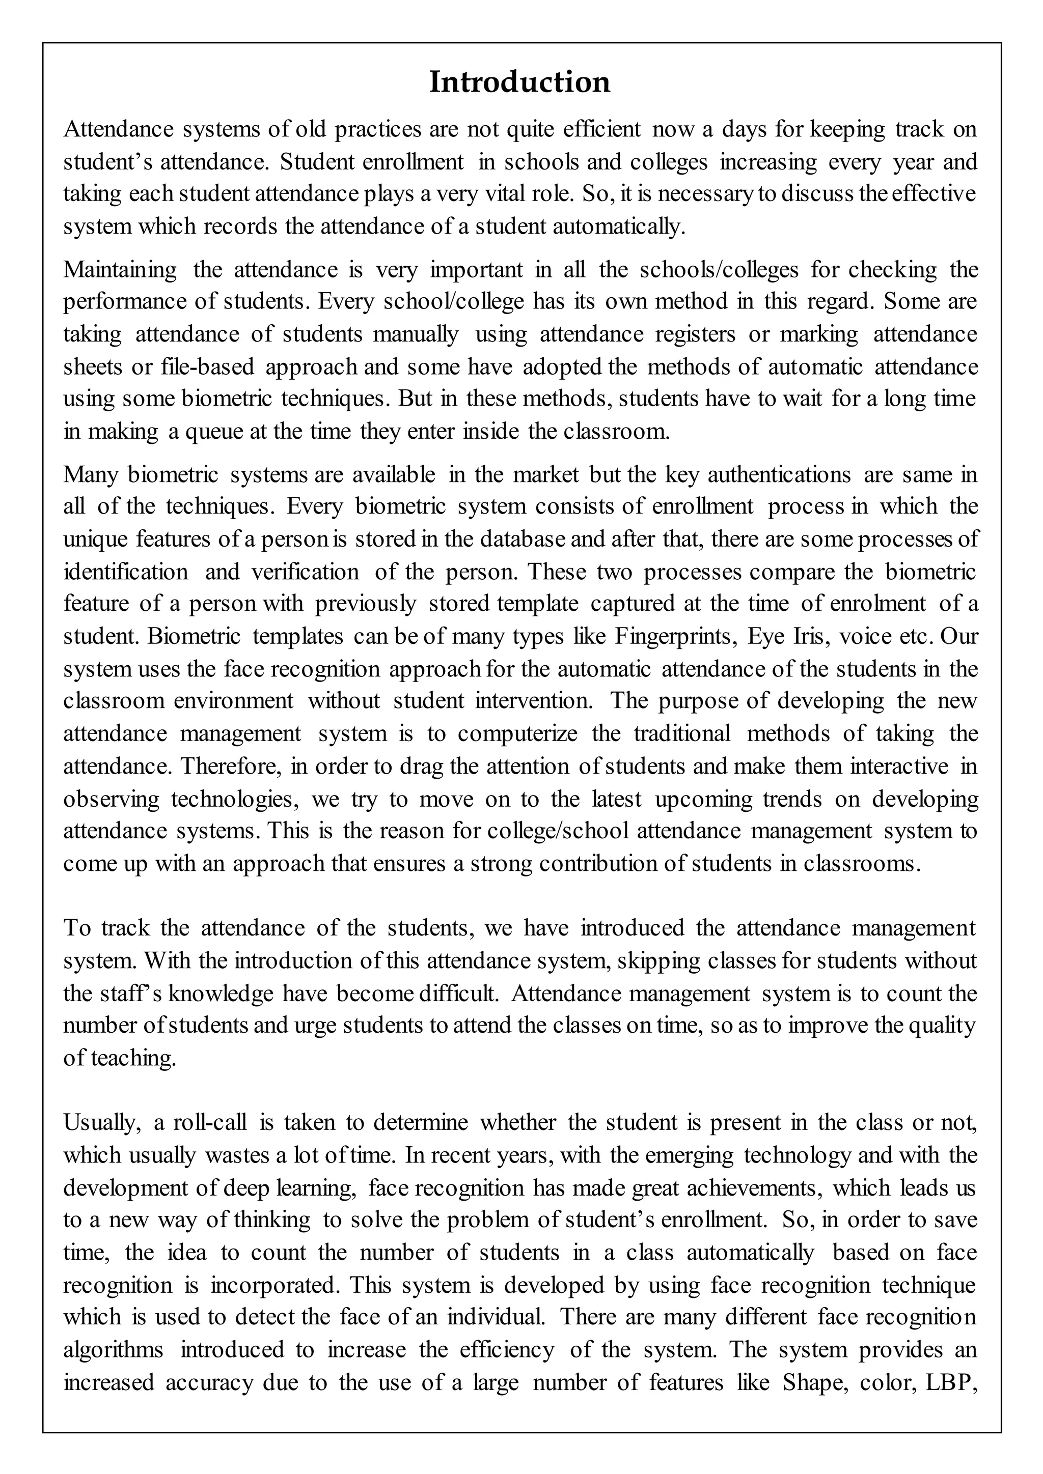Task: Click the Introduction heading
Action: [x=519, y=82]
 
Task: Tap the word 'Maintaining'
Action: [x=120, y=270]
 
